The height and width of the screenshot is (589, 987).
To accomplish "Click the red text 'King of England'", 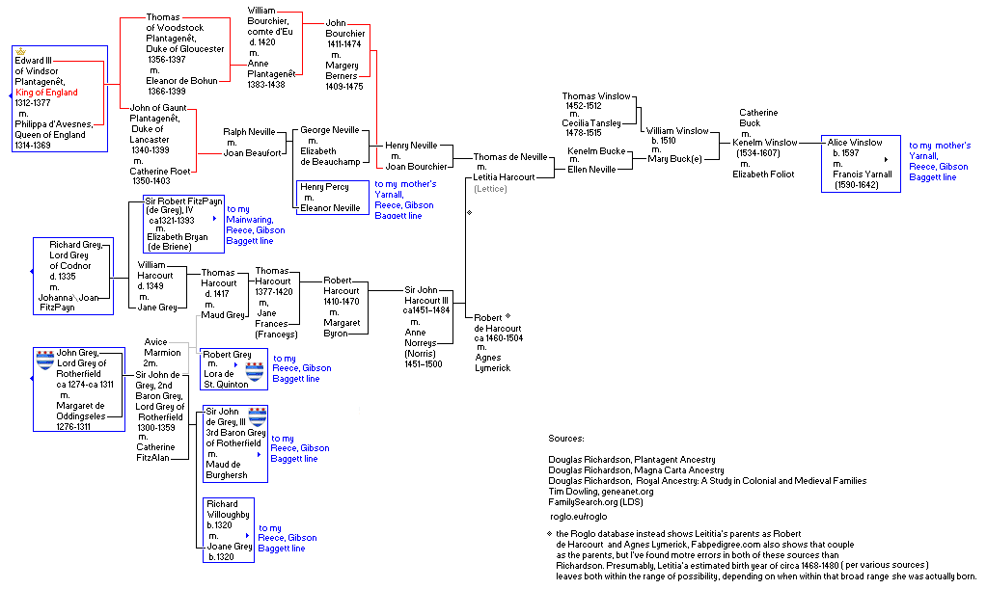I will click(46, 92).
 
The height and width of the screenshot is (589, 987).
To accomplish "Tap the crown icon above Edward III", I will click(21, 50).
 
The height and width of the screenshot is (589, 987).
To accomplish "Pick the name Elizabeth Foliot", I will click(767, 174).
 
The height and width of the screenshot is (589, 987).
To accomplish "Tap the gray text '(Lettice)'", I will click(490, 188).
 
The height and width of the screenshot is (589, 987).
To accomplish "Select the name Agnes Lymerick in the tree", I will click(491, 362).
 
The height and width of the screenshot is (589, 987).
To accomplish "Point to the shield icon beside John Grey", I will click(44, 360).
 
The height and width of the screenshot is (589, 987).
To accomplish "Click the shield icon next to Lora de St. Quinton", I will click(255, 371).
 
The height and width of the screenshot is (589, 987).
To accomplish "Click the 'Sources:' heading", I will click(565, 439).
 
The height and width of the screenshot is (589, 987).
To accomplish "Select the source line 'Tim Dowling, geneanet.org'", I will click(600, 492).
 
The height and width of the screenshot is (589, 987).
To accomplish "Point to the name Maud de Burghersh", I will click(227, 469).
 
